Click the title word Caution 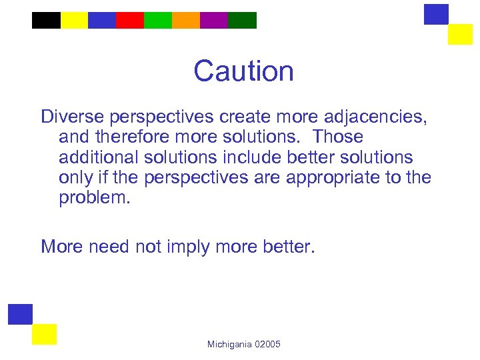click(243, 71)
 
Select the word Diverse click(69, 117)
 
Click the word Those click(338, 137)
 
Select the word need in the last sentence click(109, 247)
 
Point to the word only click(75, 179)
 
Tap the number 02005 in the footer click(268, 344)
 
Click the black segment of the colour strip click(46, 21)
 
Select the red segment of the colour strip click(130, 21)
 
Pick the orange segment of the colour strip click(186, 21)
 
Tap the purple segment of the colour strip click(214, 21)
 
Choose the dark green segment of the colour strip click(242, 21)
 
